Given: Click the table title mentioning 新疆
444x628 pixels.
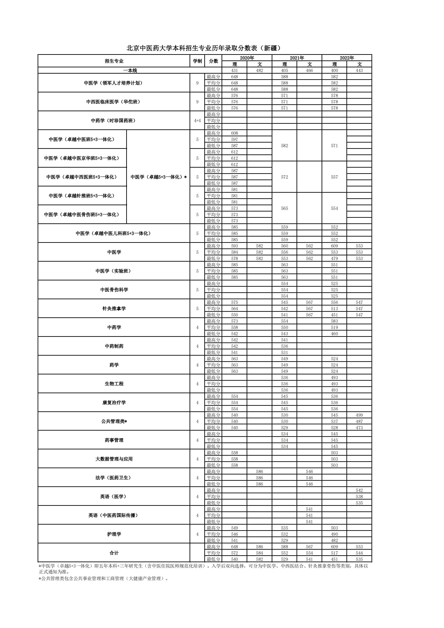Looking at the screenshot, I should (204, 48).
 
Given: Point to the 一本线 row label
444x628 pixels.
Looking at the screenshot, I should (130, 70).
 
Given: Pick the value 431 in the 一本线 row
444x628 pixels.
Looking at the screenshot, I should (235, 70).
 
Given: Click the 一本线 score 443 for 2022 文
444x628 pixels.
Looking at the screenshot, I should (359, 70).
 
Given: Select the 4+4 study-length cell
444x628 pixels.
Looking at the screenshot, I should (197, 121).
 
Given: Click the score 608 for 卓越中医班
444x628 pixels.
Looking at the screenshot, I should (235, 133).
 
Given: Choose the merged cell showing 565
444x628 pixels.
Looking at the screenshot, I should (284, 208).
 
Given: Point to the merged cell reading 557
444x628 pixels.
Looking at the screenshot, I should (334, 177).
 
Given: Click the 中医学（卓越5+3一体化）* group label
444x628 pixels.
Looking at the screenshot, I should (158, 177).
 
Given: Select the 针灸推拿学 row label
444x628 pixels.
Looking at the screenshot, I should (114, 309).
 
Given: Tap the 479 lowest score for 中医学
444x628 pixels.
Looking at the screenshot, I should (334, 258).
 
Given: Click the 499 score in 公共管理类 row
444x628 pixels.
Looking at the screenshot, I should (359, 415).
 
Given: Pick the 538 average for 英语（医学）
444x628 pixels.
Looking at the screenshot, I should (359, 496).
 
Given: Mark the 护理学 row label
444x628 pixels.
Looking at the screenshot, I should (114, 534).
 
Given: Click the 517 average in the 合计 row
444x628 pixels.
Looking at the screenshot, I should (334, 553).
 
